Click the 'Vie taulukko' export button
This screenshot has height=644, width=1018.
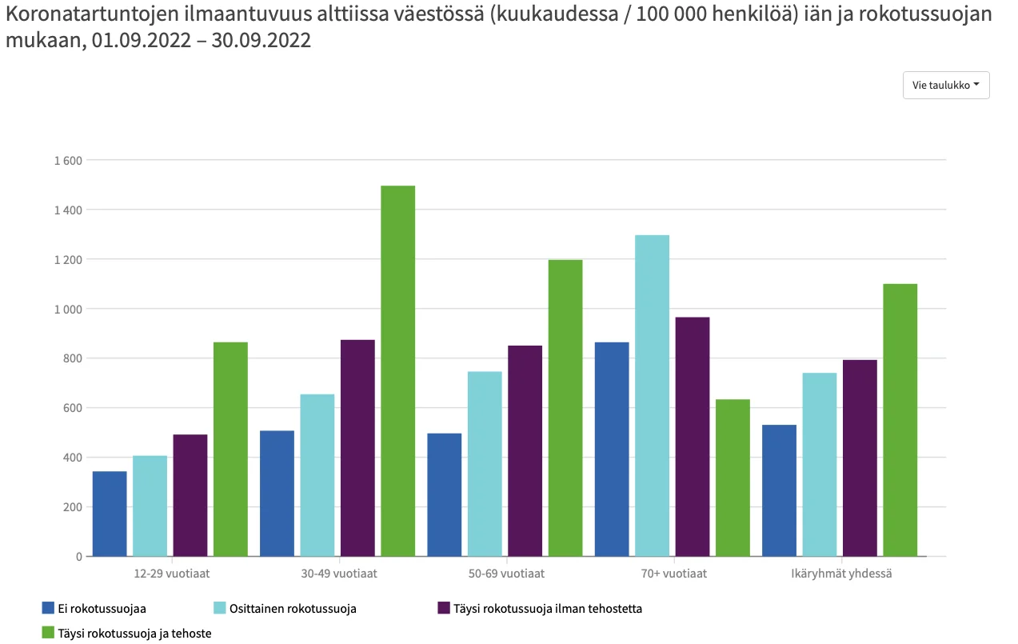pyautogui.click(x=946, y=85)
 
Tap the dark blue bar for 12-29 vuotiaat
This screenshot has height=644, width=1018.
pyautogui.click(x=110, y=514)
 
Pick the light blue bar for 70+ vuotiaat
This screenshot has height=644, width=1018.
pyautogui.click(x=653, y=395)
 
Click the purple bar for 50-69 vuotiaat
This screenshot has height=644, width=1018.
pyautogui.click(x=525, y=450)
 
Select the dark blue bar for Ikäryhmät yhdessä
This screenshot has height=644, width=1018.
pyautogui.click(x=779, y=490)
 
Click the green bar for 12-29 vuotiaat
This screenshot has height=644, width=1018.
pyautogui.click(x=230, y=449)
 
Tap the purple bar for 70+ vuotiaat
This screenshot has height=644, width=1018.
pyautogui.click(x=693, y=436)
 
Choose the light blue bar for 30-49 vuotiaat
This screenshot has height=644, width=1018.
pyautogui.click(x=317, y=475)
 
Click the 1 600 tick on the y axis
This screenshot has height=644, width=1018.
pyautogui.click(x=69, y=160)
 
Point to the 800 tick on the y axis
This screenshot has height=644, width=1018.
pyautogui.click(x=73, y=358)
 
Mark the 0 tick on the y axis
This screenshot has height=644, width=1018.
pyautogui.click(x=78, y=556)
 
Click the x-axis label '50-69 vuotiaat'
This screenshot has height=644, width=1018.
pyautogui.click(x=507, y=574)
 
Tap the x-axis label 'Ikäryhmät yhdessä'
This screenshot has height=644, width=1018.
pyautogui.click(x=841, y=574)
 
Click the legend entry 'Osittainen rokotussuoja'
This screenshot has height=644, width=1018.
pyautogui.click(x=292, y=608)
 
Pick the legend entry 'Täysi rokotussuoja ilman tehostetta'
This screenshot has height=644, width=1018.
pyautogui.click(x=547, y=608)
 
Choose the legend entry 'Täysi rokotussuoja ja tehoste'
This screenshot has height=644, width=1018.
pyautogui.click(x=134, y=633)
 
